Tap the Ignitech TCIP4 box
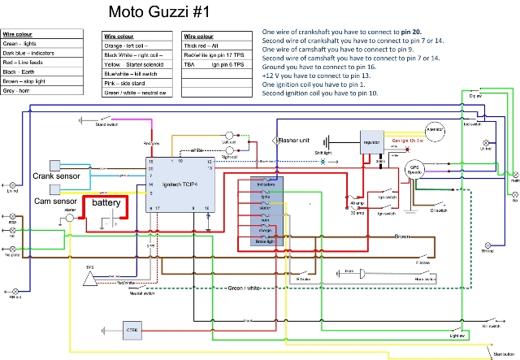(179, 184)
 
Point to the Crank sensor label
(54, 176)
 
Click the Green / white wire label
(245, 288)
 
